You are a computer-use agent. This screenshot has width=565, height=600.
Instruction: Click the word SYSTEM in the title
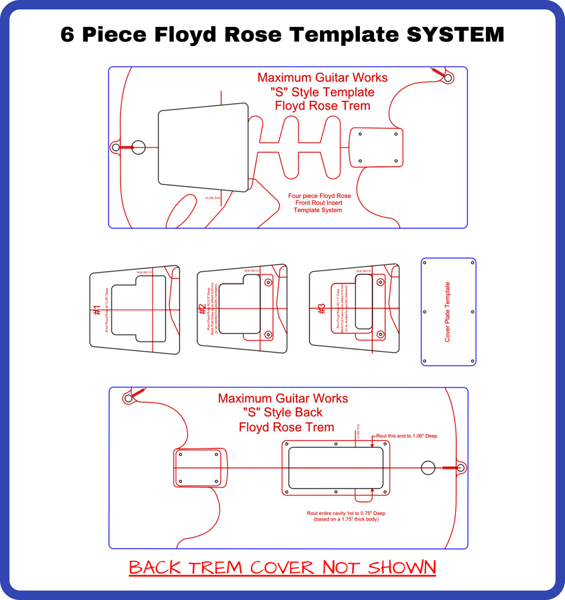(x=455, y=35)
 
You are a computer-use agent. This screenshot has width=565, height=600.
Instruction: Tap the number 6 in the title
(x=68, y=35)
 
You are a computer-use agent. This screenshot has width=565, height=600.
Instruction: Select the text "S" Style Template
(x=322, y=92)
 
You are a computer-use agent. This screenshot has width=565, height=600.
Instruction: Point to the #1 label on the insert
(x=97, y=310)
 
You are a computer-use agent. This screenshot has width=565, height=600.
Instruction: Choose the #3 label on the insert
(x=321, y=309)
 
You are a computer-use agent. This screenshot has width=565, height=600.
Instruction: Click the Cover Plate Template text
(x=448, y=312)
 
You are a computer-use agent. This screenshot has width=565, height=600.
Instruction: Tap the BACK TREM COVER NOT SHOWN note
(x=282, y=567)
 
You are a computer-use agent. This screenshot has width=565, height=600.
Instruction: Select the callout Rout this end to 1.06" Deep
(x=406, y=436)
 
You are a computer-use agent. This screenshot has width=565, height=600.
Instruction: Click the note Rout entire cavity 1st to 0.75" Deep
(x=346, y=513)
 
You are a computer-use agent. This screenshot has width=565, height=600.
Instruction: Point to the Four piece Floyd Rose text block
(x=319, y=203)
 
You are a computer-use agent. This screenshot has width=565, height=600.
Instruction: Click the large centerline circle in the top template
(x=138, y=147)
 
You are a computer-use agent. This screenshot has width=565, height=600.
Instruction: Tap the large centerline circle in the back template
(x=428, y=468)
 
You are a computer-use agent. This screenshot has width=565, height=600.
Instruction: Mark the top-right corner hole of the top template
(x=448, y=77)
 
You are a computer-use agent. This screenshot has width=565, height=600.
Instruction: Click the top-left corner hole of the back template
(x=128, y=398)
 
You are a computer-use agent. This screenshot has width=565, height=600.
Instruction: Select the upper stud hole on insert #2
(x=268, y=282)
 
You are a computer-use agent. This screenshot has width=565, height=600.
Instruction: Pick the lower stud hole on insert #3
(x=380, y=334)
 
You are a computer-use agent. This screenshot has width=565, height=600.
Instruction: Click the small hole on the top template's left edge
(x=115, y=147)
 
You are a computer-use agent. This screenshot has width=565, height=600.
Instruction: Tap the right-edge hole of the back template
(x=461, y=468)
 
